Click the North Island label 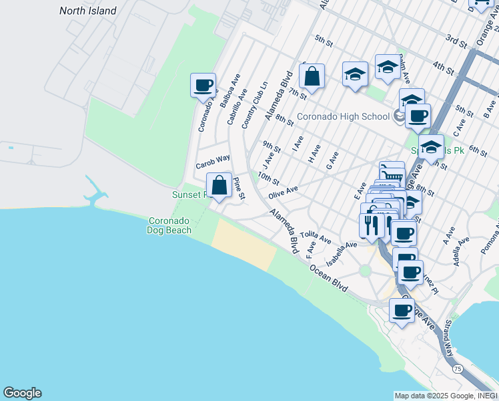[x=87, y=11]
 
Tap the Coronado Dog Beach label [x=169, y=225]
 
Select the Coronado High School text [x=343, y=117]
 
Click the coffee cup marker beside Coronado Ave [x=203, y=86]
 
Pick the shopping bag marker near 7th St [x=312, y=77]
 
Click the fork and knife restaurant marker [x=371, y=226]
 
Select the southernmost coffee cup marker [x=402, y=311]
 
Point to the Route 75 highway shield [x=457, y=369]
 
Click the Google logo [x=22, y=393]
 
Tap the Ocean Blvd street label [x=328, y=277]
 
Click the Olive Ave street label [x=283, y=192]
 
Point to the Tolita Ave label [x=315, y=237]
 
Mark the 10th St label [x=268, y=178]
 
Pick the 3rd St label [x=458, y=41]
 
